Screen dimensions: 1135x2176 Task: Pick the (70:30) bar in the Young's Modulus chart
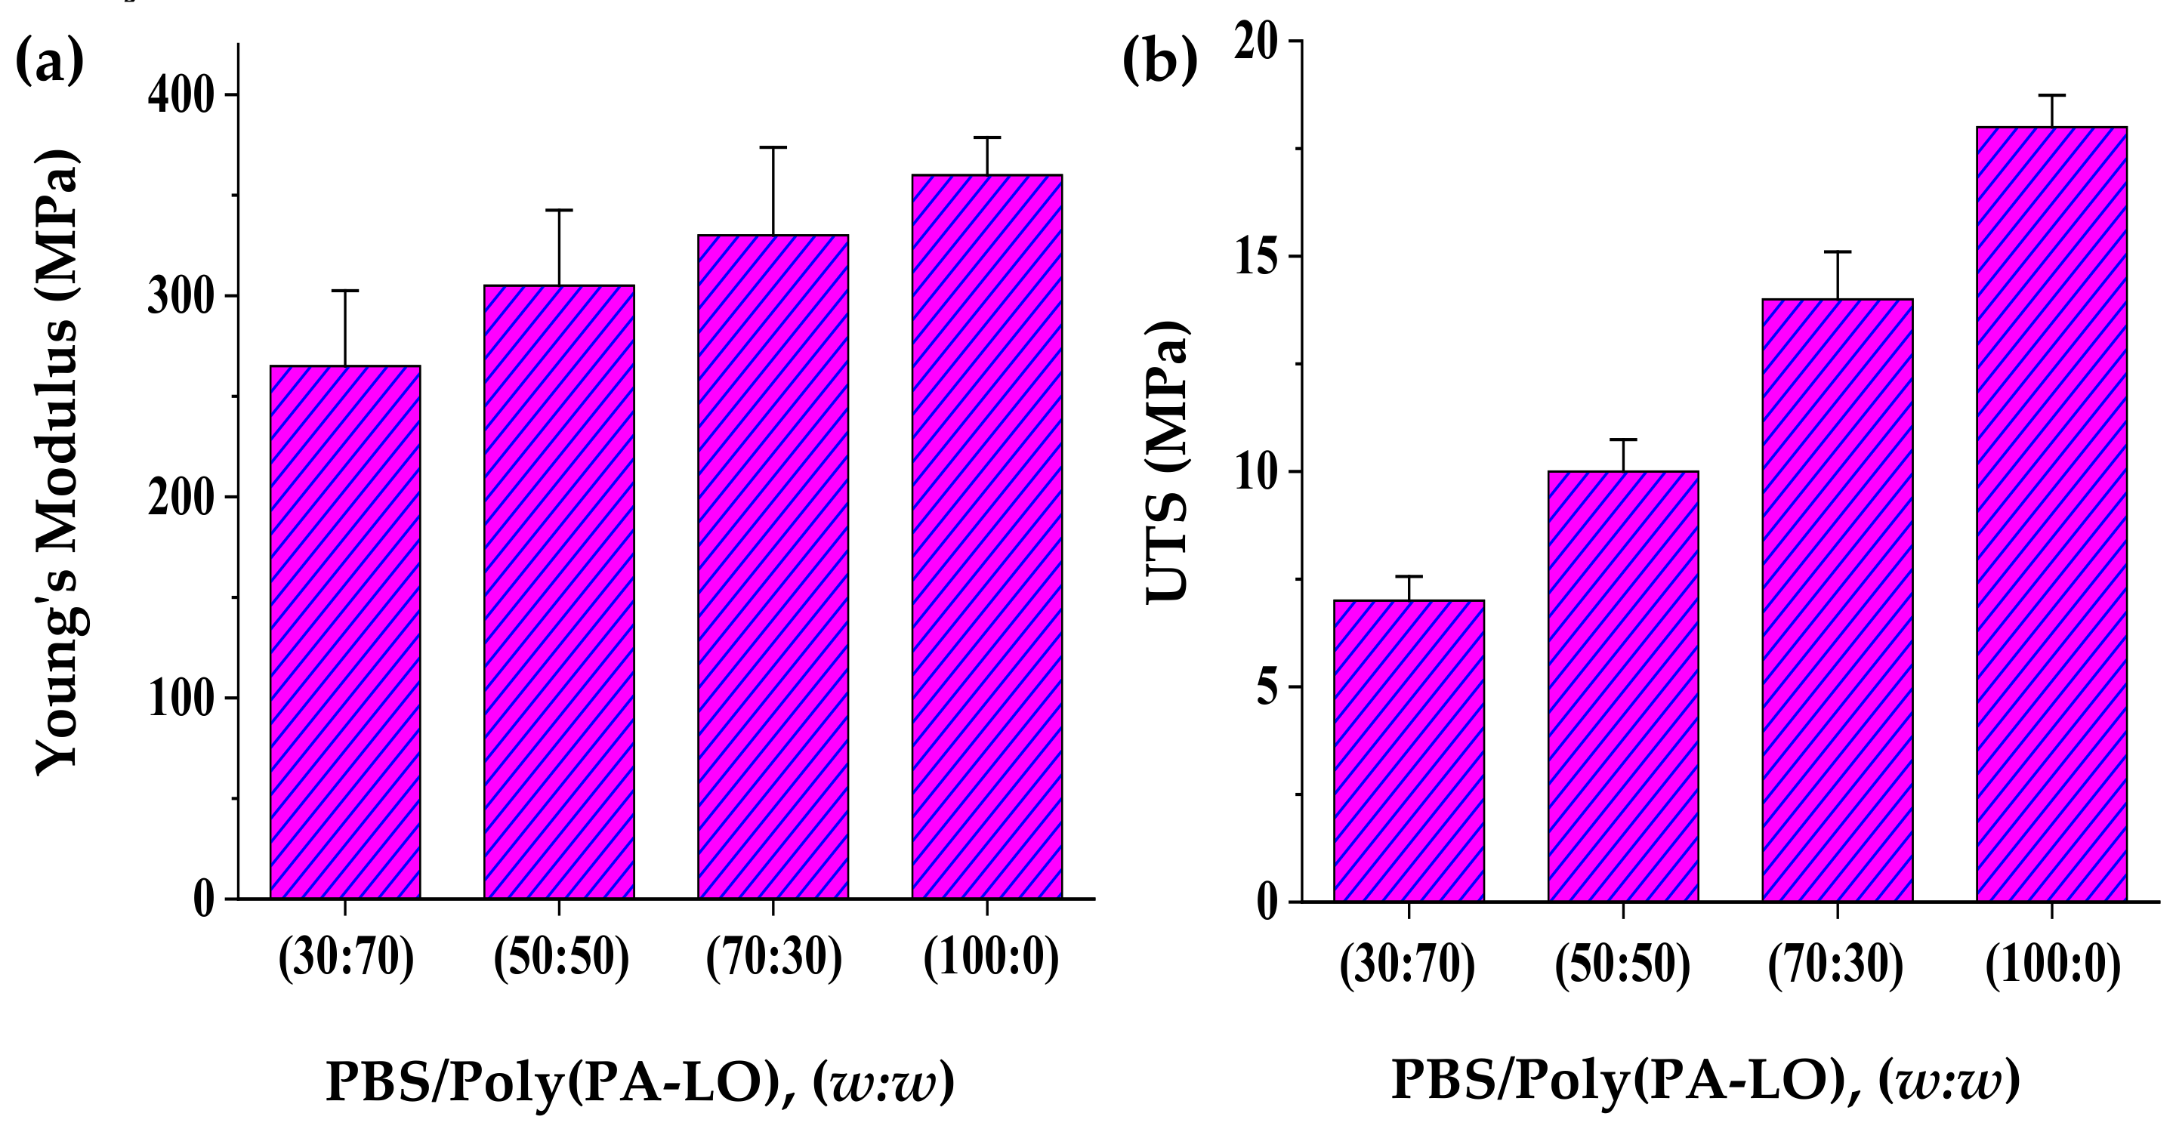(772, 566)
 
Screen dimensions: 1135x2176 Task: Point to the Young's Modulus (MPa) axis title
(57, 460)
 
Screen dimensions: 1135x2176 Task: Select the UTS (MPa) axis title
(1167, 463)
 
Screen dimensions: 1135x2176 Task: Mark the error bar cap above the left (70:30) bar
(772, 148)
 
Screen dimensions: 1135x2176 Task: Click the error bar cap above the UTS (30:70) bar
(1408, 576)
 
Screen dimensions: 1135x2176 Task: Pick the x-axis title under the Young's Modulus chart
(640, 1083)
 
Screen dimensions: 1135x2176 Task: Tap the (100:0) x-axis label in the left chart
(990, 961)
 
